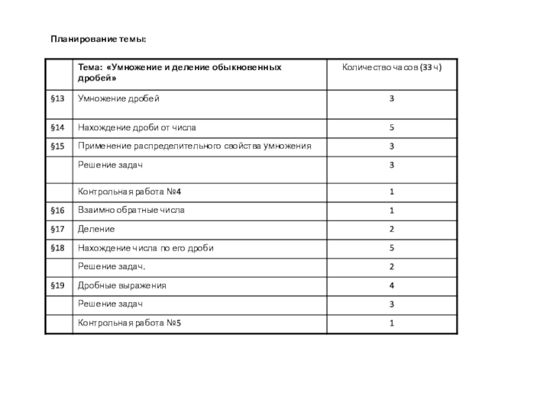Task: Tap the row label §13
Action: click(x=58, y=99)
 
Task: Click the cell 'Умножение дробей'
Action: click(x=118, y=99)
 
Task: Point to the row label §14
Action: click(x=58, y=128)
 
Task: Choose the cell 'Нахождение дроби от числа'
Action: click(x=140, y=128)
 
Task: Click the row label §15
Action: click(x=58, y=146)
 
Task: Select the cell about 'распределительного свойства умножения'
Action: click(x=195, y=146)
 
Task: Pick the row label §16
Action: click(x=58, y=209)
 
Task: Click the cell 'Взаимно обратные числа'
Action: click(x=131, y=209)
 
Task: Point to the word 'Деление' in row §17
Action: click(x=96, y=228)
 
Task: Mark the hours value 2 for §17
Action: click(x=391, y=228)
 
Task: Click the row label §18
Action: click(x=58, y=247)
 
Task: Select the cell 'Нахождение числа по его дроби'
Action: click(x=146, y=247)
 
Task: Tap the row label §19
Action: click(x=58, y=285)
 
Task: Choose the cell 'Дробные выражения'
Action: click(x=122, y=285)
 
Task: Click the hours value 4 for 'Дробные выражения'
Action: click(x=391, y=285)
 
